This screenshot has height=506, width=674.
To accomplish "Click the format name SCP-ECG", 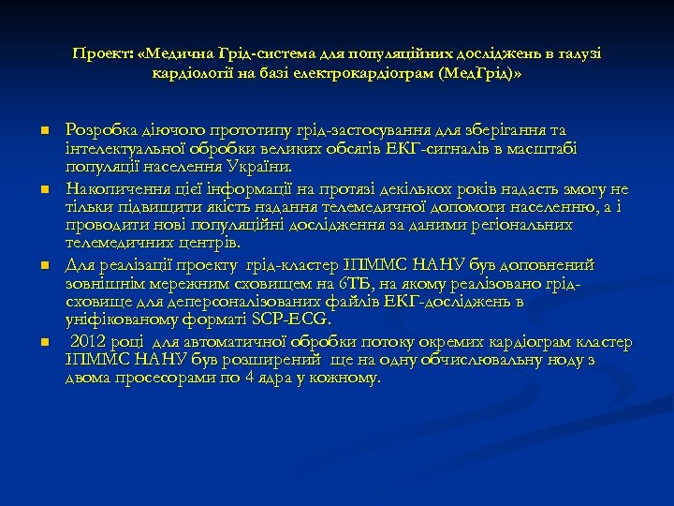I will [292, 320].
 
